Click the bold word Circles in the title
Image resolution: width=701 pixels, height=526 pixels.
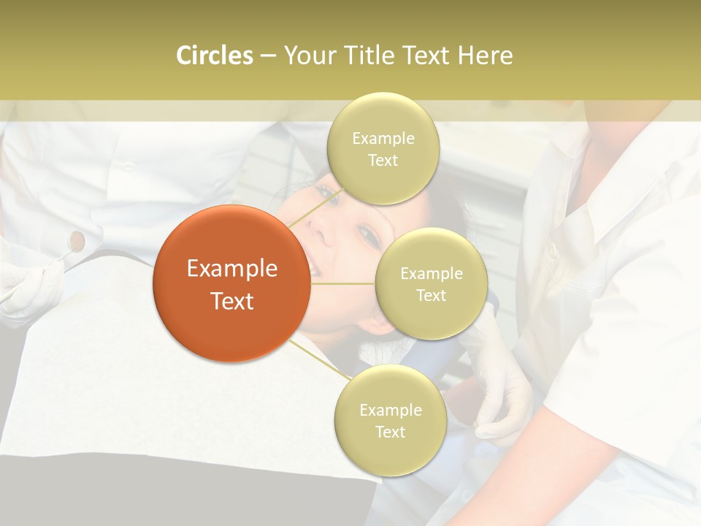[214, 55]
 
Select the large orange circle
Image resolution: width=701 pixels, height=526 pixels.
[231, 283]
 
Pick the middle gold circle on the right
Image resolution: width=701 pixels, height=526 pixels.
[431, 283]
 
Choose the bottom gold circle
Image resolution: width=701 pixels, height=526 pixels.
[390, 420]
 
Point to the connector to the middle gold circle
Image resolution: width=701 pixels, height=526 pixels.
[342, 283]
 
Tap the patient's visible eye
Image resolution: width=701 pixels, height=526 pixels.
[369, 236]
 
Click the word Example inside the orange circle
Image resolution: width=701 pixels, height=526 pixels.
[231, 269]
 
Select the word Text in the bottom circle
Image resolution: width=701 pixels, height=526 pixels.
[390, 432]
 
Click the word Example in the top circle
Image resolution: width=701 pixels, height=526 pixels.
[383, 138]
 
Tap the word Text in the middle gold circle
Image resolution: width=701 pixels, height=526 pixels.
[431, 295]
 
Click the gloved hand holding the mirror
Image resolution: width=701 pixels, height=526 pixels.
[29, 289]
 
